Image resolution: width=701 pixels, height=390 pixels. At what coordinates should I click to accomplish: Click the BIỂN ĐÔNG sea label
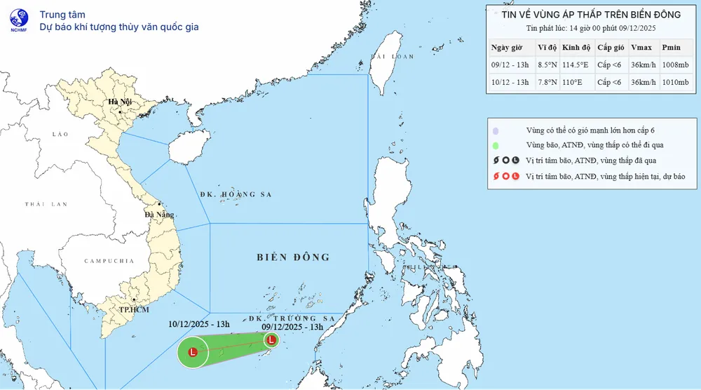coord(292,257)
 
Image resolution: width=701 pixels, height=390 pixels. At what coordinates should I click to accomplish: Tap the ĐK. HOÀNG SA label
coord(235,194)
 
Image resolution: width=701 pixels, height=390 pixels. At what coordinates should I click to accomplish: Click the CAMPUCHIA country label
coord(109,261)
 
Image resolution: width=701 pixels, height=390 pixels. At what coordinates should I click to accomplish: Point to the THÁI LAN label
coord(46,204)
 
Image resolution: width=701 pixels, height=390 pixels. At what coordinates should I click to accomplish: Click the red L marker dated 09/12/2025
coord(271,340)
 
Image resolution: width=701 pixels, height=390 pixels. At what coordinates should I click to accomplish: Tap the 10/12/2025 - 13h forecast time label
coord(199,325)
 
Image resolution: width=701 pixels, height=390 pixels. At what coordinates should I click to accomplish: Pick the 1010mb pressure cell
coord(676,82)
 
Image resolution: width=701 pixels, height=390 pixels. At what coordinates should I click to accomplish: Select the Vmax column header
coord(641,48)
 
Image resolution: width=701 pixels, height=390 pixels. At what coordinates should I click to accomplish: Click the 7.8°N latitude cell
coord(547,82)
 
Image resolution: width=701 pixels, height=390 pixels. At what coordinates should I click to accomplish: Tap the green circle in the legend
coord(496,144)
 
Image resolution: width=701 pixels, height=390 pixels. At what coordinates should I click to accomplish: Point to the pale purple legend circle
coord(496,130)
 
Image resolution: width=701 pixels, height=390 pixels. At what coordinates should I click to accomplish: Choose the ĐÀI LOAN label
coord(388,55)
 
